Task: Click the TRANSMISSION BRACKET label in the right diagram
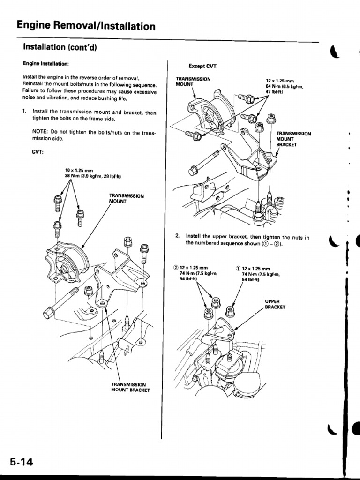[293, 139]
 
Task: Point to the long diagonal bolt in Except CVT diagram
[206, 161]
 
